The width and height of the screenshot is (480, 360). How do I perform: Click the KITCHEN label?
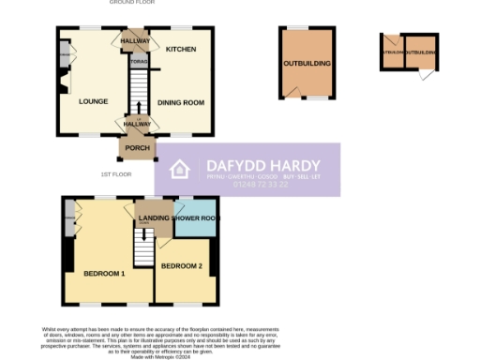(181, 49)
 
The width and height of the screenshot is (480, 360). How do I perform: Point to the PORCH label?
(138, 148)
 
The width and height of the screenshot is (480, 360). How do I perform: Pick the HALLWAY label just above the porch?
(137, 124)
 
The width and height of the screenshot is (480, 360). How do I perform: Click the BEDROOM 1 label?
(104, 274)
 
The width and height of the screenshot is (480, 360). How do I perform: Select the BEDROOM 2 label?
(181, 266)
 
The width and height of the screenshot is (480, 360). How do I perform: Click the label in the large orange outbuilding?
(307, 64)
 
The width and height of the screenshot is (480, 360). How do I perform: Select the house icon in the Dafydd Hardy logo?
(181, 170)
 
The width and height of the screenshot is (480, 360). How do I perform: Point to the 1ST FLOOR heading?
(116, 174)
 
